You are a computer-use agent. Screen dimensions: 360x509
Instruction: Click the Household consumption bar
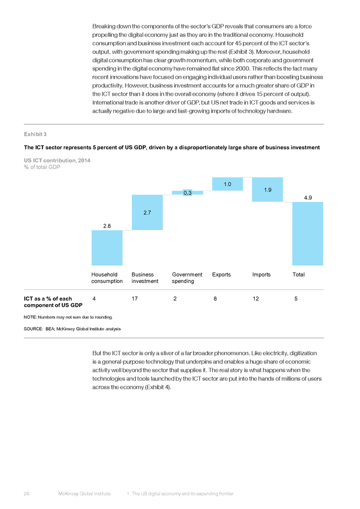(107, 248)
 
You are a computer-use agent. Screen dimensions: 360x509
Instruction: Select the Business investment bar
(147, 212)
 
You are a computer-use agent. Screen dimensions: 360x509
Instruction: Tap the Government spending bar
(187, 193)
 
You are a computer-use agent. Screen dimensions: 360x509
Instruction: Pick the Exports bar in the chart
(228, 184)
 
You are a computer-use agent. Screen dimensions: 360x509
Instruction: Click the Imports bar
(267, 189)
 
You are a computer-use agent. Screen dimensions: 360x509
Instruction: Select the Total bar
(308, 234)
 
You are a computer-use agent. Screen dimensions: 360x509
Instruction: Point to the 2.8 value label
(107, 226)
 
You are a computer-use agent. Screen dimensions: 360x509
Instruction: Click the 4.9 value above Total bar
(308, 198)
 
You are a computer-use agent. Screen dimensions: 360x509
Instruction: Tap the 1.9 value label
(267, 190)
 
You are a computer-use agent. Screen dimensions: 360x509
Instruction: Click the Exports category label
(221, 275)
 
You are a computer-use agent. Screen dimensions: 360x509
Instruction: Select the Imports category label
(262, 275)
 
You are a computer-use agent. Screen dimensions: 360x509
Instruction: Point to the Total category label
(299, 275)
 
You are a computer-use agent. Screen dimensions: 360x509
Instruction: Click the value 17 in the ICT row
(135, 299)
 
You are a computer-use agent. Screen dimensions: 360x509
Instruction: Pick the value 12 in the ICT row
(256, 299)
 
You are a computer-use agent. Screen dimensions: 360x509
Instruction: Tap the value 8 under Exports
(215, 299)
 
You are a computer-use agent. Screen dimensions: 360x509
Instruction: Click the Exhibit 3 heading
(35, 134)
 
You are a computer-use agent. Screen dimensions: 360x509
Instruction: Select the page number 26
(27, 494)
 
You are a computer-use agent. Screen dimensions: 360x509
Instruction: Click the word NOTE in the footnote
(30, 317)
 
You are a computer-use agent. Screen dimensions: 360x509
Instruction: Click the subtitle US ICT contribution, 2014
(57, 161)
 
